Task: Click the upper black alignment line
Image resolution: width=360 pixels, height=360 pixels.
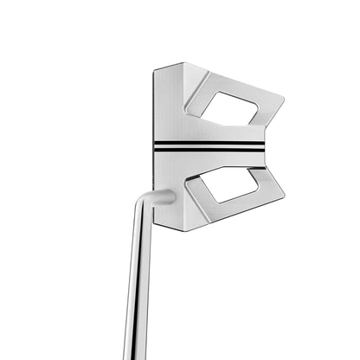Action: pos(208,142)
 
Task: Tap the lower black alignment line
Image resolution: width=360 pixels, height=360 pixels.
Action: pos(208,150)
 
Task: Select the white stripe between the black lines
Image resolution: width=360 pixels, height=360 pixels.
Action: pos(208,146)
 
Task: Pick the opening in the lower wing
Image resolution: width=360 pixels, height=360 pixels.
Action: pos(223,183)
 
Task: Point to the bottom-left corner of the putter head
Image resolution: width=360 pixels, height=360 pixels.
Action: pos(156,227)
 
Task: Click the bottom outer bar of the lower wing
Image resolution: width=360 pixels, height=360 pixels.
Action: pos(234,208)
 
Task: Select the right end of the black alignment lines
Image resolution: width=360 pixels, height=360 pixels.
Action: pos(262,146)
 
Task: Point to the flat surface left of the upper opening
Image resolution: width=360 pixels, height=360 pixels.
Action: pos(171,108)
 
